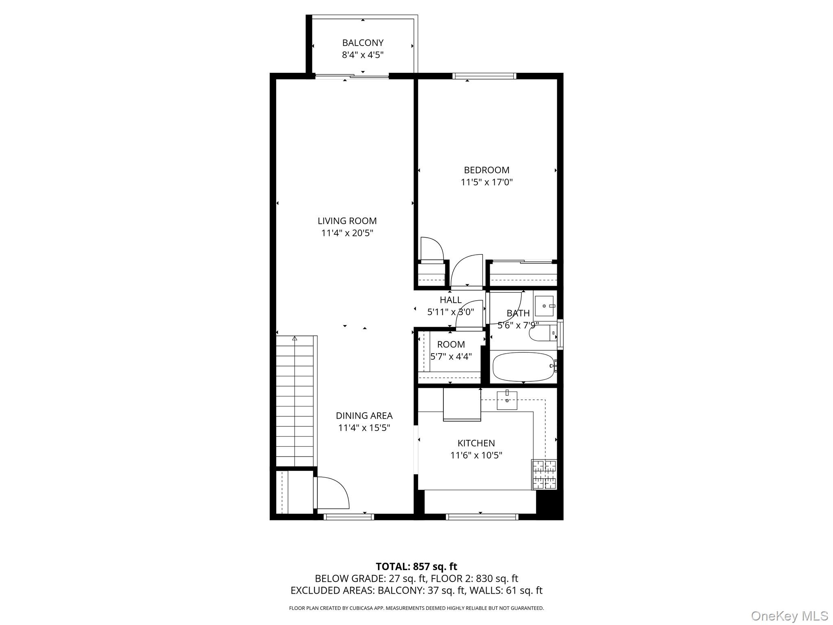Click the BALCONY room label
362,43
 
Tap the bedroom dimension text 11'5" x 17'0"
486,182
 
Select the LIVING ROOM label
347,221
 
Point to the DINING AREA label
364,415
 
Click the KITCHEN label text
476,443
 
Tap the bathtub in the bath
523,367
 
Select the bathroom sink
544,306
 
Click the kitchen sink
507,400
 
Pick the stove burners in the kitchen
544,474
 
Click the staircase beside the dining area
295,401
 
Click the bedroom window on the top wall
484,76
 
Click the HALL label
450,300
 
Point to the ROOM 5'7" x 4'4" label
451,350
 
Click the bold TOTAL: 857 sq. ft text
416,566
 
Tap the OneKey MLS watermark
789,616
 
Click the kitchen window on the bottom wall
482,517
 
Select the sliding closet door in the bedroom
523,261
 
